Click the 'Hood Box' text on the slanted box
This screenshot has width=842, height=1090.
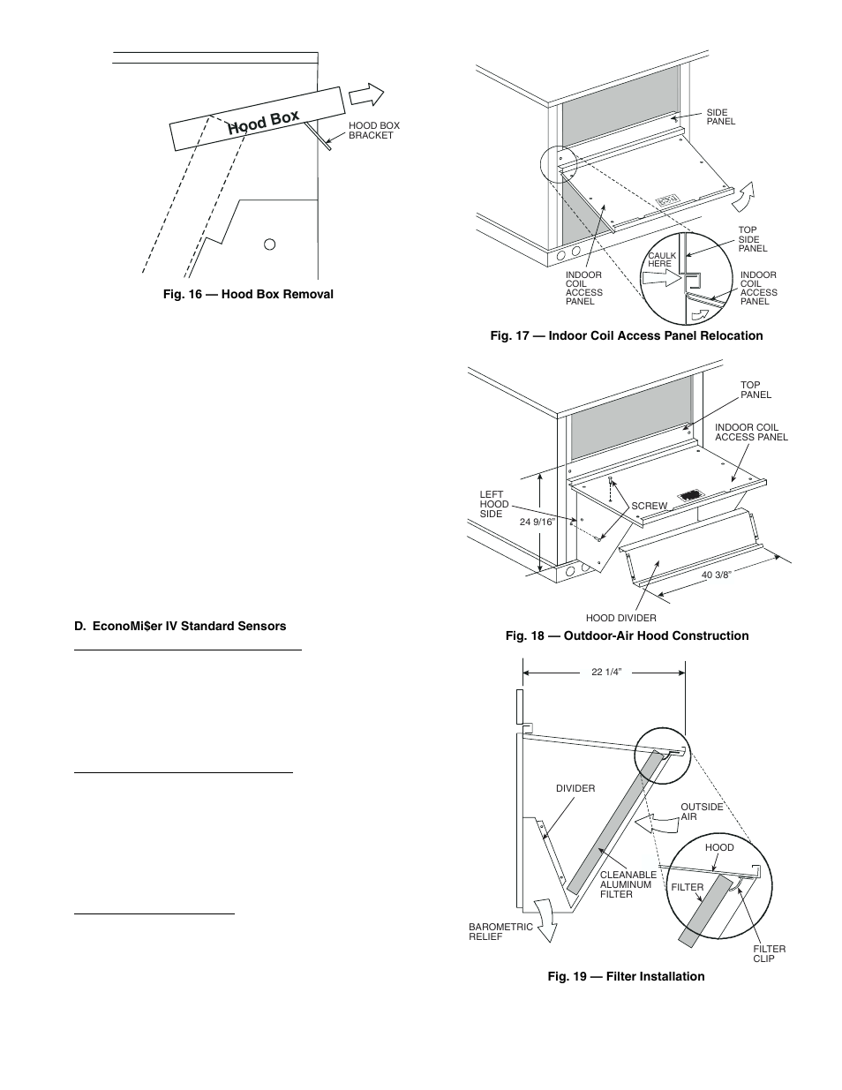click(263, 123)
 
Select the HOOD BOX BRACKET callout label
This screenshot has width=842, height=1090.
click(374, 131)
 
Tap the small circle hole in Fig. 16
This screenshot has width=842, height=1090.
click(271, 244)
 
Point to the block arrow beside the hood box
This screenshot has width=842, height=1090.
click(366, 94)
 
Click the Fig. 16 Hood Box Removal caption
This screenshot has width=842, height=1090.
click(248, 294)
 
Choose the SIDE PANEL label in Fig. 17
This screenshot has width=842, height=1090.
click(720, 117)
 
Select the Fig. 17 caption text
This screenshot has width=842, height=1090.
click(627, 335)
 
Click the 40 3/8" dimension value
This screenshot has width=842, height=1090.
click(718, 575)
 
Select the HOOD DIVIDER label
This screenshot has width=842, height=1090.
click(621, 618)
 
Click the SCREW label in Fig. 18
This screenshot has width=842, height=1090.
click(650, 506)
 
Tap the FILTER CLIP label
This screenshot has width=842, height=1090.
click(769, 953)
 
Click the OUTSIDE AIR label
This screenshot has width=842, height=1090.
click(702, 811)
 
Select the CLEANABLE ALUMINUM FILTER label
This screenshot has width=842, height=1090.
click(628, 884)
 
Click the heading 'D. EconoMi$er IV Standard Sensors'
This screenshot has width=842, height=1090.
click(180, 626)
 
